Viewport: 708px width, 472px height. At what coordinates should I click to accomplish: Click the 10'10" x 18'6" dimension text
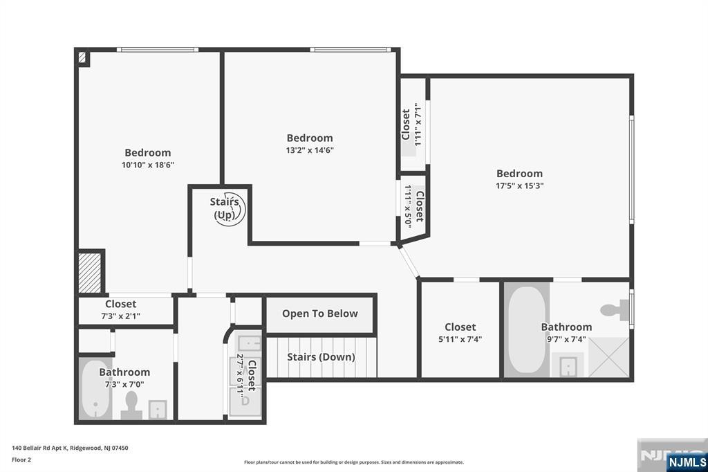click(x=148, y=165)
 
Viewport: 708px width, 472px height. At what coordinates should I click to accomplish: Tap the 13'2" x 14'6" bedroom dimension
click(x=310, y=150)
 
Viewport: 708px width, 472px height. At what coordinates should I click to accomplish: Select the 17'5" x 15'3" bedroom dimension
click(x=520, y=185)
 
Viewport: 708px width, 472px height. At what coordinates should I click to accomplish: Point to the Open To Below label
click(x=320, y=314)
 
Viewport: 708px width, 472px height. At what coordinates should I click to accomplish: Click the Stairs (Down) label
click(x=321, y=356)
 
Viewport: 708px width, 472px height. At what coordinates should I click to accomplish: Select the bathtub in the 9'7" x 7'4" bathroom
click(x=526, y=329)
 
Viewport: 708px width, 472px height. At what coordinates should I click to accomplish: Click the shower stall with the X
click(x=608, y=357)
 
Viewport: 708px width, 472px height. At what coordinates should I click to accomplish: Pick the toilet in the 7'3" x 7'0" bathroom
click(x=131, y=405)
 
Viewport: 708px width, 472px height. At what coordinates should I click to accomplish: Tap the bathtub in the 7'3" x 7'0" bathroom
click(x=95, y=389)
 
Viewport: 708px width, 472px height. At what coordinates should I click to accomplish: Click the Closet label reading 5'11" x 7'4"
click(x=460, y=327)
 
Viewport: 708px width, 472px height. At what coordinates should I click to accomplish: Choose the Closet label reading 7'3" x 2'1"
click(x=120, y=304)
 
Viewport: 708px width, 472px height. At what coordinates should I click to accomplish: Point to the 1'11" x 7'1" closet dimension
click(x=418, y=125)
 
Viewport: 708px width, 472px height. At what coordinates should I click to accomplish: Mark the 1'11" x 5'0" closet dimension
click(x=408, y=206)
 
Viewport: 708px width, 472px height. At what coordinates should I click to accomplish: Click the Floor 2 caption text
click(x=21, y=460)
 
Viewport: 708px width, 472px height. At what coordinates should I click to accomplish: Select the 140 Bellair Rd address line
click(x=70, y=448)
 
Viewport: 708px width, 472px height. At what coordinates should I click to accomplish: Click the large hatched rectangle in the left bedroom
click(x=89, y=273)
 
